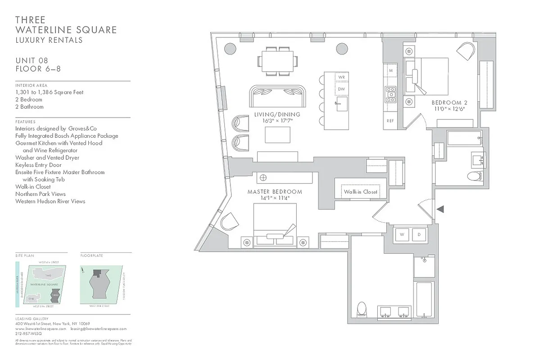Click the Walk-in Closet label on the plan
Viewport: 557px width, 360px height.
coord(361,192)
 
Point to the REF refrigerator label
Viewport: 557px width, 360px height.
coord(390,121)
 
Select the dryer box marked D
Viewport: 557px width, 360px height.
coord(419,234)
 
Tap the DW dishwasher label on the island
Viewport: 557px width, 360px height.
coord(341,89)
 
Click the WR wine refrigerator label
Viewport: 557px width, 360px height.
coord(341,77)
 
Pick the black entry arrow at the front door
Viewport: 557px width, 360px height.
coord(441,209)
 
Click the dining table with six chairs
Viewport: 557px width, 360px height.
coord(277,61)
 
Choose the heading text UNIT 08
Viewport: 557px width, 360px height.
coord(32,61)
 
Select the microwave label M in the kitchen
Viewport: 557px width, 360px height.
coord(390,71)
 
